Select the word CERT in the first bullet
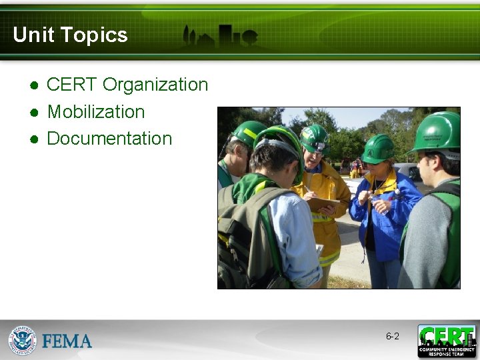click(x=72, y=85)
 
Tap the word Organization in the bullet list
click(x=155, y=85)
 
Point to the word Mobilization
click(x=96, y=111)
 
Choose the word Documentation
click(x=109, y=139)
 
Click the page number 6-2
click(x=393, y=337)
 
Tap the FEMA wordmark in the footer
click(x=67, y=341)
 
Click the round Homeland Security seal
click(x=22, y=340)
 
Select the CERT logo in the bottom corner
click(x=447, y=341)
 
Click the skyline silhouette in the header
click(x=220, y=36)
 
